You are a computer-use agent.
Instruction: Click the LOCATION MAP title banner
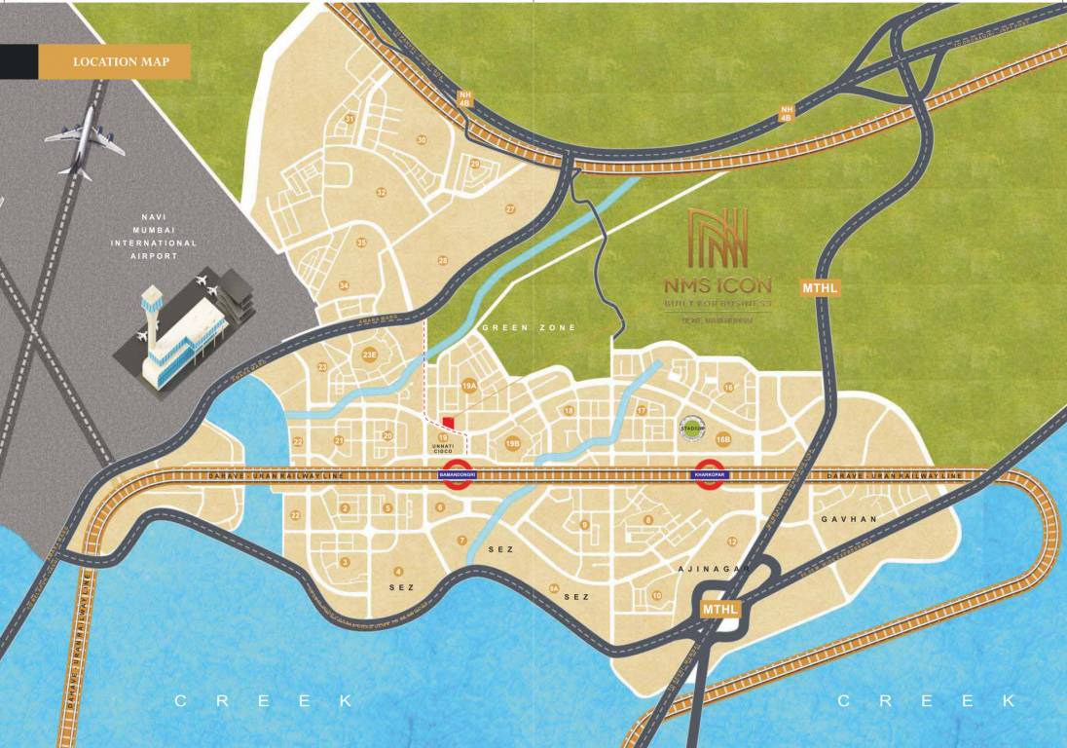(x=114, y=62)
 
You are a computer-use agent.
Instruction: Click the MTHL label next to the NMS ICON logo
(x=820, y=287)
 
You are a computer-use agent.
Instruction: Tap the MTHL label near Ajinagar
(x=721, y=609)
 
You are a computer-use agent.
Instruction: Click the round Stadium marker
(x=691, y=425)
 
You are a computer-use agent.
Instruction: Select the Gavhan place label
(x=848, y=519)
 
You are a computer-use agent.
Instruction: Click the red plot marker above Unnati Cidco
(x=448, y=423)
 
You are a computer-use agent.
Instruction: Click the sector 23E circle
(x=369, y=355)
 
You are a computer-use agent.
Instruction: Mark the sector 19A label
(x=469, y=387)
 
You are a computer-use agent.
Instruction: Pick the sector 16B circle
(x=722, y=440)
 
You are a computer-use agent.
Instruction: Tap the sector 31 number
(x=349, y=119)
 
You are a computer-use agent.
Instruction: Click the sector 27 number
(x=509, y=209)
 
